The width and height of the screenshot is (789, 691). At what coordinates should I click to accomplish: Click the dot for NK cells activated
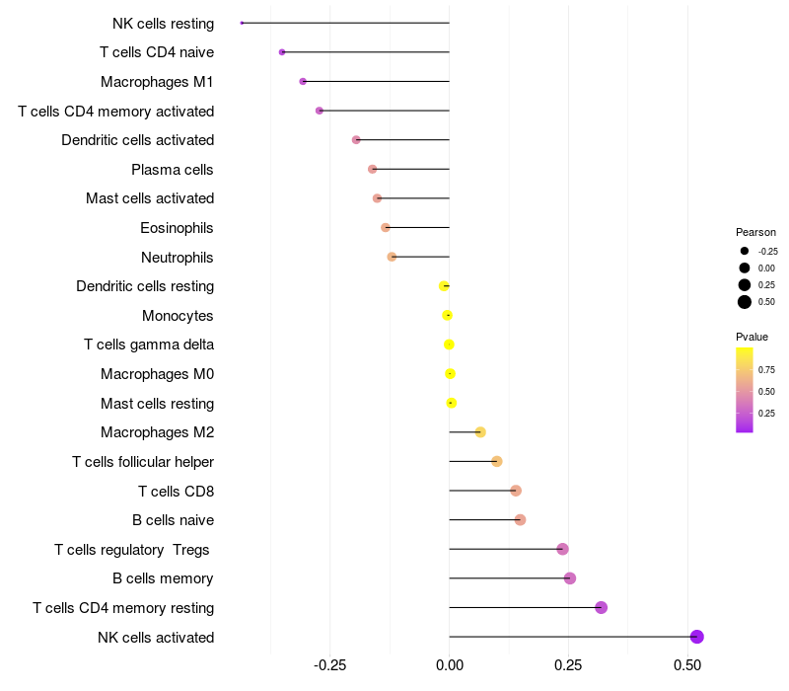696,637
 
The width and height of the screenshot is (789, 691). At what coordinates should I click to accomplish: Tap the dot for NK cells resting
242,23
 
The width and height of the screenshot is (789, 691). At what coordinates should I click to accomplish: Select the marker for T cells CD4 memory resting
602,607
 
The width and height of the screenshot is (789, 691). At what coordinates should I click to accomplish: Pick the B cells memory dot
570,578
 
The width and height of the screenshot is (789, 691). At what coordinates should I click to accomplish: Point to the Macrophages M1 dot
303,81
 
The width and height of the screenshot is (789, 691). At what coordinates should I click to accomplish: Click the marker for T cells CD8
516,491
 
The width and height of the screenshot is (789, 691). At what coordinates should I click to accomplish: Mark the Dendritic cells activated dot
356,140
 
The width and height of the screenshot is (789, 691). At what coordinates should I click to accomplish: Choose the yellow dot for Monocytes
448,316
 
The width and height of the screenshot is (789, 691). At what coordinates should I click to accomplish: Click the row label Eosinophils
177,228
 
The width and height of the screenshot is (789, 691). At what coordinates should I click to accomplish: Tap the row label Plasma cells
173,170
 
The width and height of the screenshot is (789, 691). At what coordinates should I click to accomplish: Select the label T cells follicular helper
143,462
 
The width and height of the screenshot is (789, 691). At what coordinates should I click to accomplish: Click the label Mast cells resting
157,404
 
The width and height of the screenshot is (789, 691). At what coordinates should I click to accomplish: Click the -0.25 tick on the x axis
329,665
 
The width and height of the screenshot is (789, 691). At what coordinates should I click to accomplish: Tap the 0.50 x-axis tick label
687,665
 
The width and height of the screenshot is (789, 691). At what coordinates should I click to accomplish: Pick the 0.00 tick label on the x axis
450,665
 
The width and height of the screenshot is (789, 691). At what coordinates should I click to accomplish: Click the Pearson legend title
755,232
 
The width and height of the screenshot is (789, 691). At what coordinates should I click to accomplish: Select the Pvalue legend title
752,338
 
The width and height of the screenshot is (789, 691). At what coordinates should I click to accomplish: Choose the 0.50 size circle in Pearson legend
745,302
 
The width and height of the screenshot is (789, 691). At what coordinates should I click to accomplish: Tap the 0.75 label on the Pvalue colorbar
766,370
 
